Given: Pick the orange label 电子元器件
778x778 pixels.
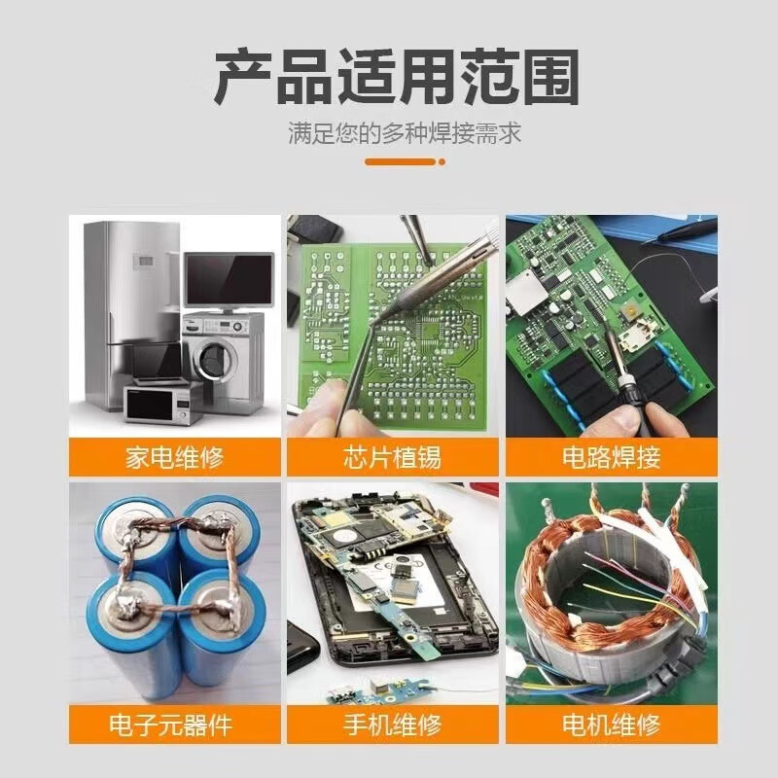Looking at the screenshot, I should tap(174, 724).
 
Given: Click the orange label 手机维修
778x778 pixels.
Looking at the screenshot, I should tap(393, 724).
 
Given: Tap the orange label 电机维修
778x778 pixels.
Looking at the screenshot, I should tap(611, 724).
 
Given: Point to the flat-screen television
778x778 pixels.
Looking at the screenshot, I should tap(230, 279).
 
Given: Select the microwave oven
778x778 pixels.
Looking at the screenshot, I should tap(160, 403).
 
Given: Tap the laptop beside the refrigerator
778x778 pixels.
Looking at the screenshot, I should tap(156, 365).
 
